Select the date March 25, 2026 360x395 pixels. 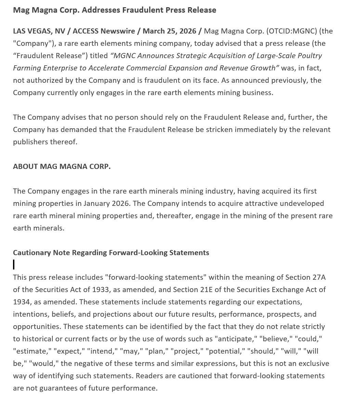point(169,31)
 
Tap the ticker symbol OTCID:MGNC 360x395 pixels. point(292,31)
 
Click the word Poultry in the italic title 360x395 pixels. point(309,56)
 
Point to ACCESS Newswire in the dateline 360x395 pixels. point(104,31)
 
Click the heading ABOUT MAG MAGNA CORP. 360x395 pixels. point(62,167)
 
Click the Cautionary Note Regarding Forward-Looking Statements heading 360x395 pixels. point(111,253)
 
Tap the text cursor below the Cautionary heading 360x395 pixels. point(14,264)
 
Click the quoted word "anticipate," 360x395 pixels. point(235,339)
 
